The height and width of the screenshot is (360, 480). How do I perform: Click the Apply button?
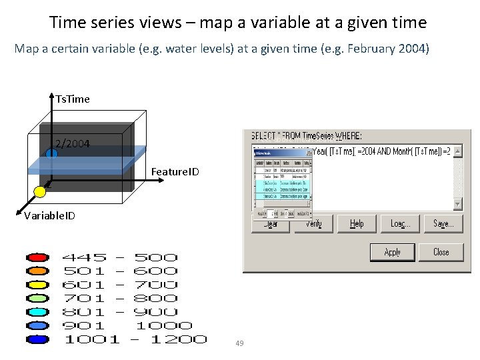[393, 252]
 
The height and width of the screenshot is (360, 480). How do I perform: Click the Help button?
[357, 223]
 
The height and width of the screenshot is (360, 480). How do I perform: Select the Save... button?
[443, 223]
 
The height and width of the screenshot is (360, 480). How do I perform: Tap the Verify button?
[313, 223]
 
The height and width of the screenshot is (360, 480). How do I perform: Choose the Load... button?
[400, 223]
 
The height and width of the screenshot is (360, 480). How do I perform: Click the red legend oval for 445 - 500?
[37, 257]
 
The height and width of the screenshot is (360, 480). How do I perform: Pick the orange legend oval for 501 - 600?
[37, 271]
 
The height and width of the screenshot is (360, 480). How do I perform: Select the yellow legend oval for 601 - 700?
[37, 285]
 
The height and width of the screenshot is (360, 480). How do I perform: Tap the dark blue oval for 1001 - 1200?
[37, 339]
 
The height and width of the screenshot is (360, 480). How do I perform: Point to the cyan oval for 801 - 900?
[37, 312]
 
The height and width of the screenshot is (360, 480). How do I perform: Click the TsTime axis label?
[73, 99]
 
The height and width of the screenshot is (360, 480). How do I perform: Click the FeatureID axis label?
[175, 172]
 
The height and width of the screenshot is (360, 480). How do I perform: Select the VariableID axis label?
[49, 215]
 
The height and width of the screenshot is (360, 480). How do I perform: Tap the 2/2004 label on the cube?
[73, 143]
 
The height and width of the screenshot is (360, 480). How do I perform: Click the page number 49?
[239, 343]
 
